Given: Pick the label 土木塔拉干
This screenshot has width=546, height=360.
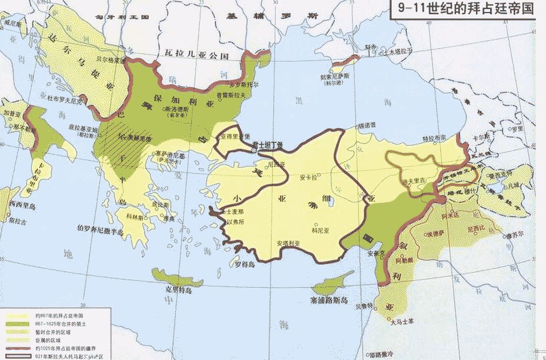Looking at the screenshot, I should (398, 51).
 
